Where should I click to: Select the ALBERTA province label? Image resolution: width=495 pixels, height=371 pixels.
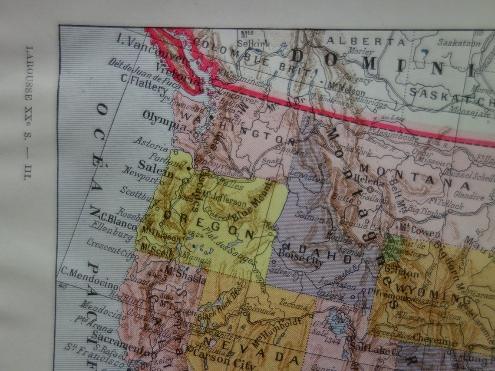[x=366, y=42]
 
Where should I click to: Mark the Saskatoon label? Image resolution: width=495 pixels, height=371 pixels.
[x=459, y=43]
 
